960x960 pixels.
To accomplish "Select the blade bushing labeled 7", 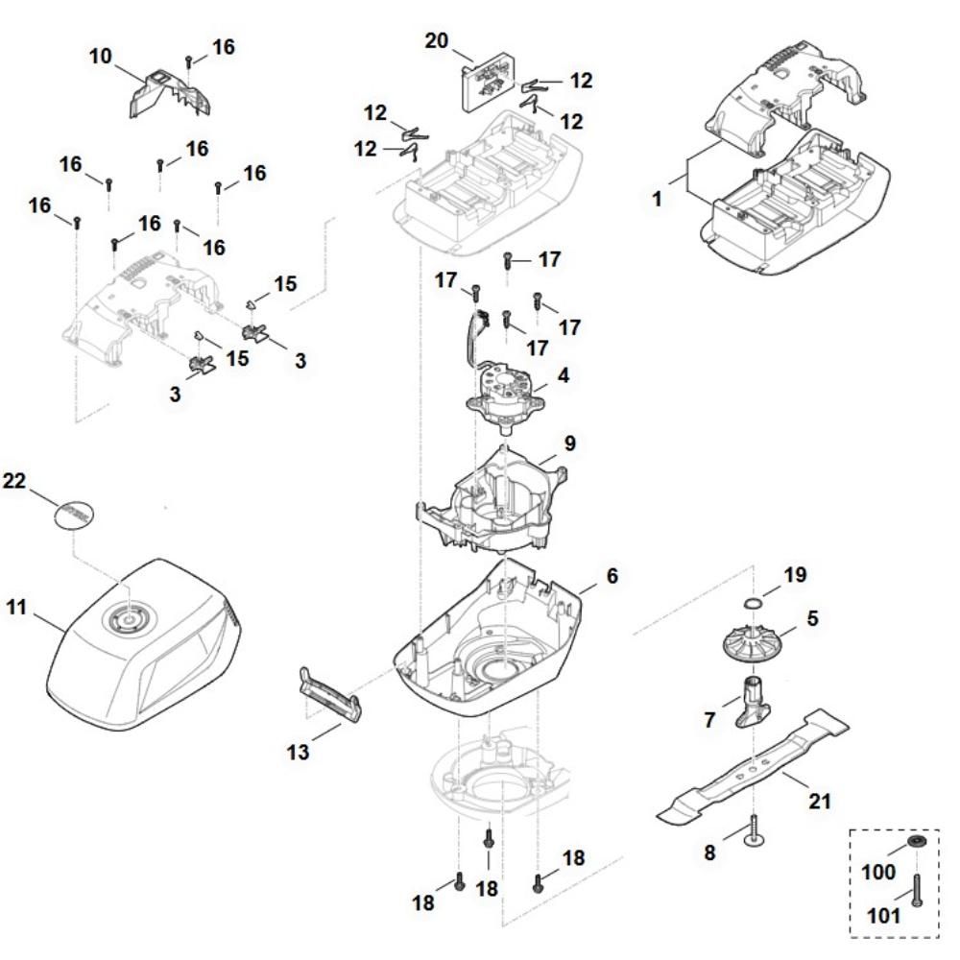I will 753,701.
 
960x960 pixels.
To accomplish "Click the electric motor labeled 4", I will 505,394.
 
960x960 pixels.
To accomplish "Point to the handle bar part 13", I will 331,691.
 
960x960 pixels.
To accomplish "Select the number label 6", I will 611,577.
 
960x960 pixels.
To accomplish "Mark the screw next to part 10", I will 189,62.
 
